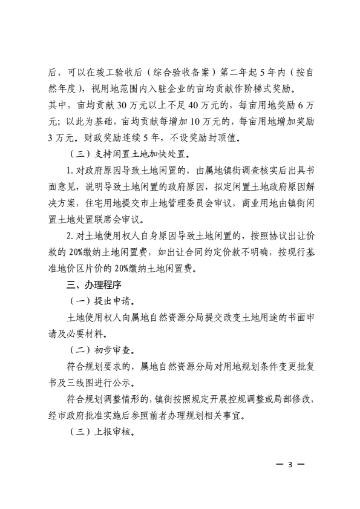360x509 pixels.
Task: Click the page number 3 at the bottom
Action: pyautogui.click(x=290, y=465)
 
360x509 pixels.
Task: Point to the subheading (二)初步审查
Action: pyautogui.click(x=103, y=350)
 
